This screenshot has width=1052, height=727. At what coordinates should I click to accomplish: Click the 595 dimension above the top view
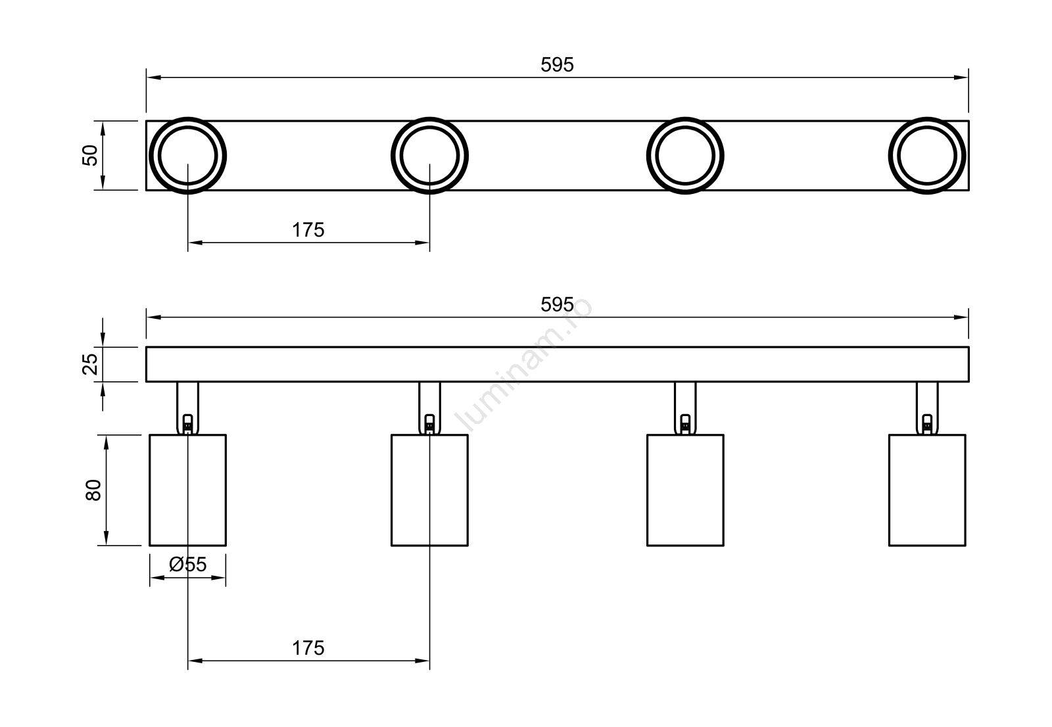(557, 64)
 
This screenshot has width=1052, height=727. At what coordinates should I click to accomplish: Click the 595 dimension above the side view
(557, 305)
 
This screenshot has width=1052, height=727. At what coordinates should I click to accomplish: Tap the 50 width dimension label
(90, 155)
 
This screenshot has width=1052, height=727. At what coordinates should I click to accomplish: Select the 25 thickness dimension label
(91, 363)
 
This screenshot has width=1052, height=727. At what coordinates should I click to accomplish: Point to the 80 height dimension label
(93, 490)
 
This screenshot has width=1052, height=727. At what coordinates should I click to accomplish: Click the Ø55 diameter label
(187, 565)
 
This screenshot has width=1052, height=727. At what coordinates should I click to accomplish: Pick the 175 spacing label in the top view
(308, 230)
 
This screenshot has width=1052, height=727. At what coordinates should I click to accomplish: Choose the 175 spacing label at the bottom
(308, 648)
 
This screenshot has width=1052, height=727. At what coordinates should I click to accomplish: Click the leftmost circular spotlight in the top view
(188, 156)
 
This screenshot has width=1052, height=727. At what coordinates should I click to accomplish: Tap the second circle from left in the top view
(429, 156)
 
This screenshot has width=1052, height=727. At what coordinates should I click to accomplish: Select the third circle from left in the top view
(685, 156)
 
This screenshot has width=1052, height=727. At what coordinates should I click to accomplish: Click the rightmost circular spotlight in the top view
(927, 156)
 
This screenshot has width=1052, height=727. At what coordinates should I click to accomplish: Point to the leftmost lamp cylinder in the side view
(188, 490)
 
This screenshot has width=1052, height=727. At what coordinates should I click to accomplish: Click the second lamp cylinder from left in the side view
(429, 490)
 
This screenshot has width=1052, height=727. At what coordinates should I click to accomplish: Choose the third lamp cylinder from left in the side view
(685, 490)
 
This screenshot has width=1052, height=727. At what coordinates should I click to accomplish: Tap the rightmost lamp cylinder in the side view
(927, 490)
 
